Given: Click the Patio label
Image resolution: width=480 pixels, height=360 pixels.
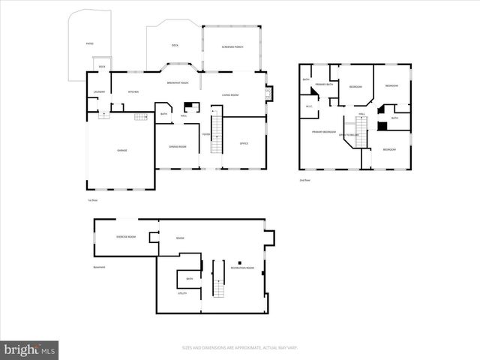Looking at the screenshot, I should coord(89,44).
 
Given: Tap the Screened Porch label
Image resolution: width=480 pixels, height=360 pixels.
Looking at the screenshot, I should coord(232,47).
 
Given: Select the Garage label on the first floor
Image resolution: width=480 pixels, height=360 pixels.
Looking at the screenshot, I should coord(121,150).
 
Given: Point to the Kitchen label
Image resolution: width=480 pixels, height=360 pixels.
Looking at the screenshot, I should coord(133,92).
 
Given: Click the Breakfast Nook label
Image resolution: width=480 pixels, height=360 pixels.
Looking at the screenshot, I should coord(178,82).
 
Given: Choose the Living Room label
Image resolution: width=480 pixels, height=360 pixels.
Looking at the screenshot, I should coord(229,94).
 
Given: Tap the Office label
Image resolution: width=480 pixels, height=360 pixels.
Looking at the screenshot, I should coord(244,143).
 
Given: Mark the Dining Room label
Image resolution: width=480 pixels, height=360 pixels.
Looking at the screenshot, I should coord(177,146).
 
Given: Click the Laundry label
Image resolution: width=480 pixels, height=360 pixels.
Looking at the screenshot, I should coord(98,92).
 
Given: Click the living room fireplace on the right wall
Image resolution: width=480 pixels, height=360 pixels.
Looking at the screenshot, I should coord(269,94).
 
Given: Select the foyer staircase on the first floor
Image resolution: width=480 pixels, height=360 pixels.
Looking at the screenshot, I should coord(217,135).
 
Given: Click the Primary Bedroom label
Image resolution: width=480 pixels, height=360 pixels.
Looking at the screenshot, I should coord(324,132).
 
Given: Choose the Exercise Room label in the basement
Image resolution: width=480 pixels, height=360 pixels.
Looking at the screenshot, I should coord(126,237).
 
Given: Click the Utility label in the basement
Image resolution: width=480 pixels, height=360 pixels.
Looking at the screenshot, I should coord(182,293).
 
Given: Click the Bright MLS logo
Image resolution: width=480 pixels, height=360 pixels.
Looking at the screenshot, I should coord(29,349).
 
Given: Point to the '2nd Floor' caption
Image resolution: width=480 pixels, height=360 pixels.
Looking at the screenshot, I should coord(304,181).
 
